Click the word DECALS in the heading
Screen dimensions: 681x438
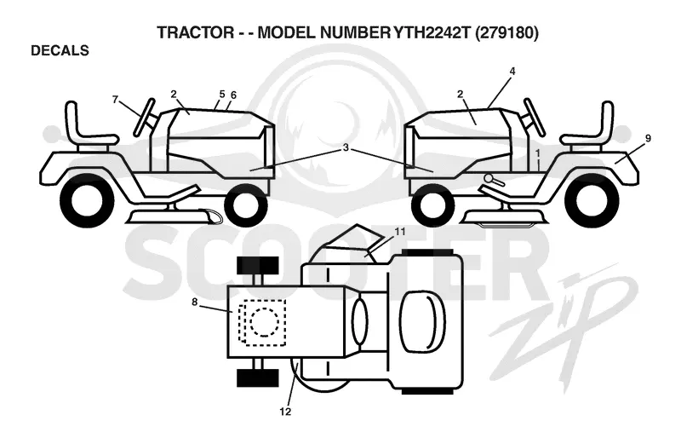[x=60, y=50]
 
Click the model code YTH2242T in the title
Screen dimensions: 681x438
[x=432, y=32]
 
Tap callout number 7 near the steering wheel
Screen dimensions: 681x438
[x=115, y=100]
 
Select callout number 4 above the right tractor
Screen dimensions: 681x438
[x=512, y=71]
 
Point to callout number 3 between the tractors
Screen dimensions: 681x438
[x=346, y=147]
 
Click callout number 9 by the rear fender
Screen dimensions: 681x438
[x=648, y=139]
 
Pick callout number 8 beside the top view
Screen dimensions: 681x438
[x=195, y=302]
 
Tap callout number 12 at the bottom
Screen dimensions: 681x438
[x=285, y=412]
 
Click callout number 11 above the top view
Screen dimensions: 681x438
[x=400, y=232]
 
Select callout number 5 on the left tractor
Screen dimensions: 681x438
[x=222, y=94]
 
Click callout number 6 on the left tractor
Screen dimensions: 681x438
[x=233, y=95]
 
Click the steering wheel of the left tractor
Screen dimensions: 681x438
[x=145, y=117]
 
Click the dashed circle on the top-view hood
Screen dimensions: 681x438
[x=265, y=322]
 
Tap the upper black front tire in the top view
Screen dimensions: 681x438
[x=258, y=265]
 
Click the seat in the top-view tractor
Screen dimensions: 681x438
[x=422, y=321]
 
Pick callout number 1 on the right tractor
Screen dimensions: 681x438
[x=538, y=153]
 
